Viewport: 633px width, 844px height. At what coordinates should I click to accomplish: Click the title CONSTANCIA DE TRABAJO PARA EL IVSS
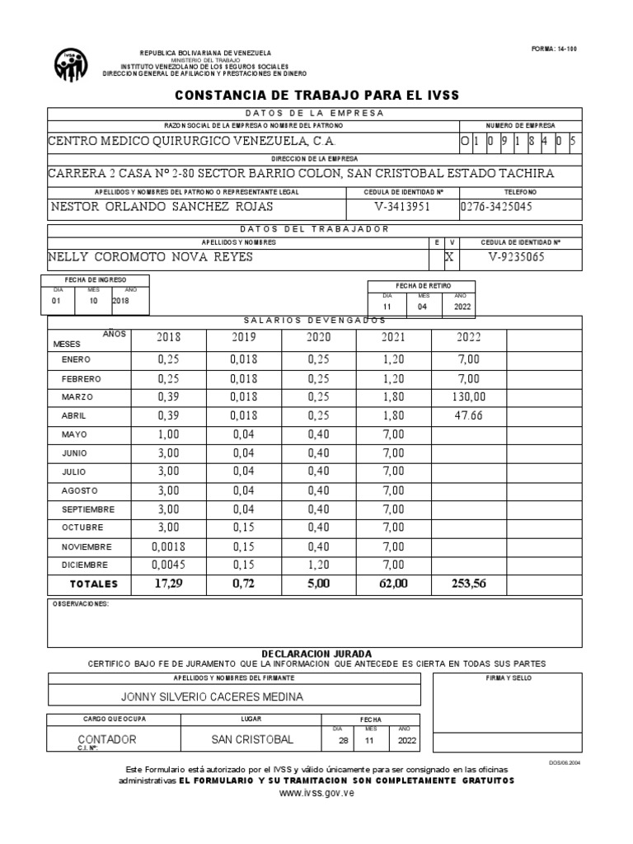coord(316,96)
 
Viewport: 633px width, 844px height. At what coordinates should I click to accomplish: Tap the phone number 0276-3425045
coord(496,206)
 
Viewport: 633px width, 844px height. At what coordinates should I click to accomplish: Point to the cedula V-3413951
coord(402,206)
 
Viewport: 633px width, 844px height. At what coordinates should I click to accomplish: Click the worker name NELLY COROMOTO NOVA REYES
coord(151,257)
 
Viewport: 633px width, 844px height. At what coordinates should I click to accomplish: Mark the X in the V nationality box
coord(450,257)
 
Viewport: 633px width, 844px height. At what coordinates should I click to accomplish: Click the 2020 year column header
coord(318,337)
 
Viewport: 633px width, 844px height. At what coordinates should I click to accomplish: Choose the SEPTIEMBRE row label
coord(88,509)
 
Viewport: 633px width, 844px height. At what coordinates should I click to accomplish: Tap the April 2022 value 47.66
coord(468,415)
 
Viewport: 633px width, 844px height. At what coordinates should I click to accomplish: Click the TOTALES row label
coord(94,584)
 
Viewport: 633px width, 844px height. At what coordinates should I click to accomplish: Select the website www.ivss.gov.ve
coord(316,792)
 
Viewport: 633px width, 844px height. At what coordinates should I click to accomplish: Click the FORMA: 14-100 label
coord(556,49)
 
